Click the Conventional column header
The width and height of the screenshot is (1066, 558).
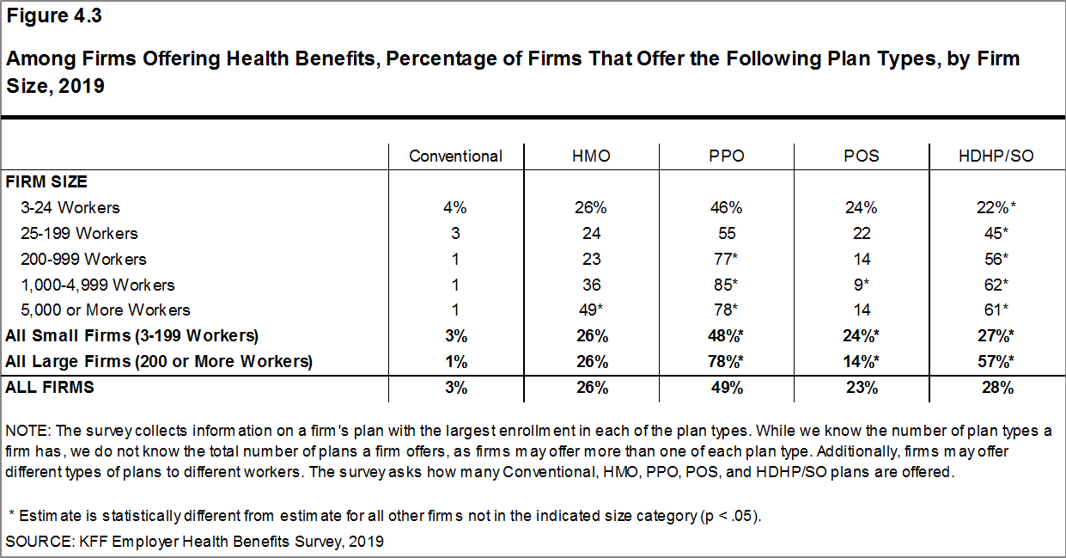[455, 156]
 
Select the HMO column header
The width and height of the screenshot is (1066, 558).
[591, 156]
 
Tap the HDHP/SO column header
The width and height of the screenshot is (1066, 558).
[996, 156]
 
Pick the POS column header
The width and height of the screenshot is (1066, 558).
[862, 156]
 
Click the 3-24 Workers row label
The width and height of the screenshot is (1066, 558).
[71, 207]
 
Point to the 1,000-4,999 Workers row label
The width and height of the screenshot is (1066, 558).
[99, 285]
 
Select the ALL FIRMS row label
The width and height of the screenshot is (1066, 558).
[50, 387]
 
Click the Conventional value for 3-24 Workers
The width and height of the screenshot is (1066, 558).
[455, 207]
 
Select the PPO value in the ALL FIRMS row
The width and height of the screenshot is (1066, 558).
[727, 387]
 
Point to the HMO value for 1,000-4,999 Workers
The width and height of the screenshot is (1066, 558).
[591, 285]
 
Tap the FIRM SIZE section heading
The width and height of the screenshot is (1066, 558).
[46, 181]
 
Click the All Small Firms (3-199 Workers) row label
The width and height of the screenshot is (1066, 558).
[131, 335]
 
